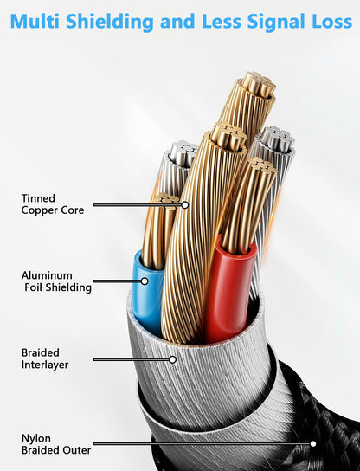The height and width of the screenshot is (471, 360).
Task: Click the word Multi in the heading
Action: click(35, 21)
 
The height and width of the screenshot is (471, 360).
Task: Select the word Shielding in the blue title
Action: click(110, 22)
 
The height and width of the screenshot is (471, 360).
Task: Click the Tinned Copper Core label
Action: click(53, 204)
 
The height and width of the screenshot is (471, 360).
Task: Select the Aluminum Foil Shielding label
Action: click(56, 281)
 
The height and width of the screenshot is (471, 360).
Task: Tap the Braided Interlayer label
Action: click(45, 358)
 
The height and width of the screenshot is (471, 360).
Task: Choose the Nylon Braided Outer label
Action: click(56, 444)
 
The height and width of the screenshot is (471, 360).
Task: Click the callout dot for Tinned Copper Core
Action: click(185, 205)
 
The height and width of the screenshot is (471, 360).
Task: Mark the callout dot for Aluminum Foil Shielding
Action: click(145, 281)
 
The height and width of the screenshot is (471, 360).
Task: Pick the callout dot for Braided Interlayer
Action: click(172, 359)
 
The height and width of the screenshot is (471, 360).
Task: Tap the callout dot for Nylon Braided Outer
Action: click(313, 443)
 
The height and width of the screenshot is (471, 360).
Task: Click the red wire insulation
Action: click(230, 288)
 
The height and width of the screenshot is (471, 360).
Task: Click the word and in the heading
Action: click(177, 21)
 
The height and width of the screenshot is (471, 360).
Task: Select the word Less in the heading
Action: click(222, 21)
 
